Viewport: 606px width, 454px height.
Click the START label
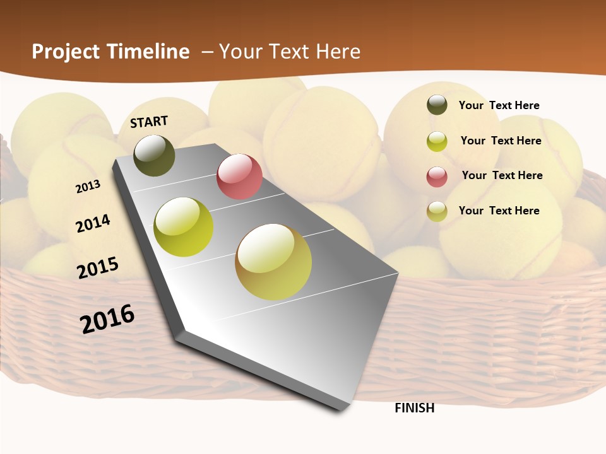pyautogui.click(x=149, y=122)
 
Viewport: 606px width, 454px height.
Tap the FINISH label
pyautogui.click(x=415, y=408)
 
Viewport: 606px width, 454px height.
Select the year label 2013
pyautogui.click(x=88, y=187)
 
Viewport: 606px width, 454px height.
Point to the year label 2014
pyautogui.click(x=93, y=224)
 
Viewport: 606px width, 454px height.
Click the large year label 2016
pyautogui.click(x=108, y=319)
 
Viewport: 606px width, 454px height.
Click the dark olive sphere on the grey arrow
pyautogui.click(x=155, y=155)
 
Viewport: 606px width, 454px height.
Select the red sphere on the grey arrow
pyautogui.click(x=239, y=177)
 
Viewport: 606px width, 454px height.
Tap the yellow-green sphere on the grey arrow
pyautogui.click(x=184, y=227)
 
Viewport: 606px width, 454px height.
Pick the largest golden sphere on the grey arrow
pyautogui.click(x=273, y=262)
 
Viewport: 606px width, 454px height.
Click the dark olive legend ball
pyautogui.click(x=437, y=105)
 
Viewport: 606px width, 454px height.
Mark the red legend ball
pyautogui.click(x=437, y=177)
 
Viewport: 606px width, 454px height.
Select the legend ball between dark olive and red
pyautogui.click(x=437, y=141)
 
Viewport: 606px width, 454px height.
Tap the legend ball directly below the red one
pyautogui.click(x=437, y=211)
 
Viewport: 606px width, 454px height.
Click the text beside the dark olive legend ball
pyautogui.click(x=499, y=105)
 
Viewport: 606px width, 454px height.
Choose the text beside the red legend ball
pyautogui.click(x=502, y=175)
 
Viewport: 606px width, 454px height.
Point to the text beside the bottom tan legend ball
pyautogui.click(x=499, y=211)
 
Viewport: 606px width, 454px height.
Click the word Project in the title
pyautogui.click(x=65, y=52)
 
